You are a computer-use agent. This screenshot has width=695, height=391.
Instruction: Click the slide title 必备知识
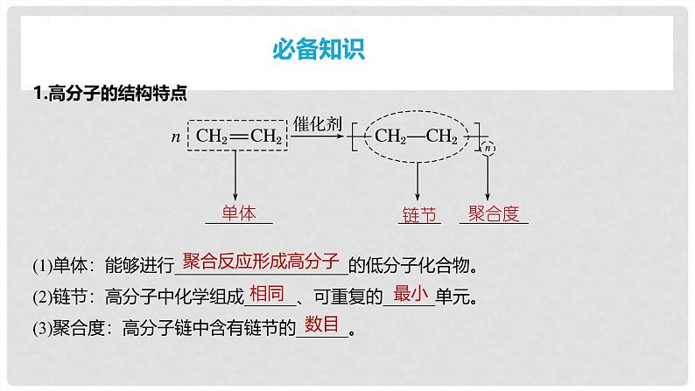click(x=318, y=49)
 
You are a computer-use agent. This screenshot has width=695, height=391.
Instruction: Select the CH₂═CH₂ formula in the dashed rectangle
click(x=238, y=136)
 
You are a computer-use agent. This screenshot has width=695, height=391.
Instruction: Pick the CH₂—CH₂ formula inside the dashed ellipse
click(x=416, y=136)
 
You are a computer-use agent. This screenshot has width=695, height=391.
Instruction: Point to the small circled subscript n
click(x=488, y=149)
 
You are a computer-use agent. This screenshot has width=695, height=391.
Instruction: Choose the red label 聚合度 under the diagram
click(x=494, y=213)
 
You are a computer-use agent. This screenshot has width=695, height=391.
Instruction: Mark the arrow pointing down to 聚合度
click(x=488, y=181)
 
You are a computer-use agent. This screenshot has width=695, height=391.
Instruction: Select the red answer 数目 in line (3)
click(x=321, y=325)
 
